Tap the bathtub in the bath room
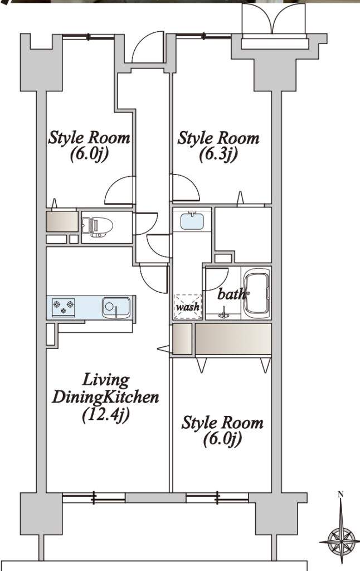click(x=256, y=293)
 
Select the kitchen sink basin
click(x=116, y=308)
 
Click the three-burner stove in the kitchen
click(x=64, y=307)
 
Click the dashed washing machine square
click(x=188, y=306)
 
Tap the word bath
click(x=231, y=294)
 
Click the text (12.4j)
click(x=106, y=415)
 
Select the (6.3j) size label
click(x=218, y=154)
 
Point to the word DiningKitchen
click(x=105, y=397)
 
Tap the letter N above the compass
click(x=340, y=495)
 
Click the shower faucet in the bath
click(x=223, y=312)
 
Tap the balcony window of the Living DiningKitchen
click(x=94, y=497)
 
